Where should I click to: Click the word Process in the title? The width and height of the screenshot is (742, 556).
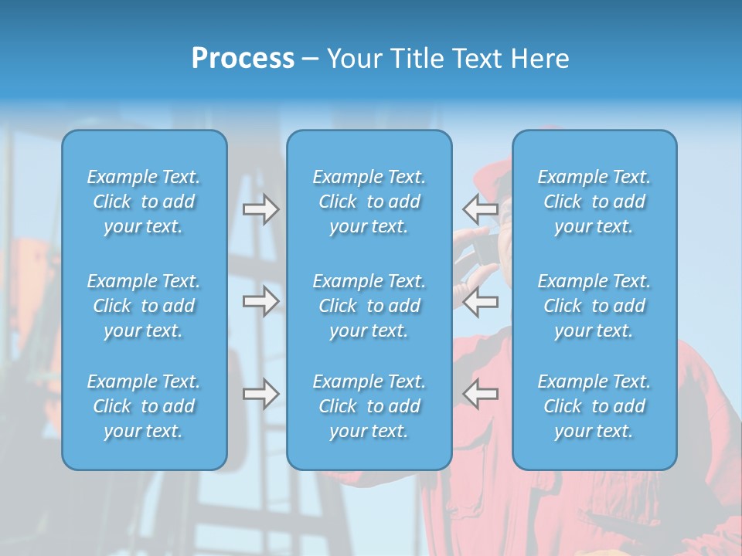click(x=243, y=59)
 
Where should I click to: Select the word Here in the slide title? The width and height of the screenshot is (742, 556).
click(x=539, y=59)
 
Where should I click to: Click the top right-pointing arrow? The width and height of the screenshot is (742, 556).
click(x=261, y=209)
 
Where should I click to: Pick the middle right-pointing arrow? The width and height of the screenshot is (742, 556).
click(x=261, y=301)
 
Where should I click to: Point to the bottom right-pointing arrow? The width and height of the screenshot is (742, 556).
click(x=261, y=394)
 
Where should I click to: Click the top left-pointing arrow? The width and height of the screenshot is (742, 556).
click(x=480, y=209)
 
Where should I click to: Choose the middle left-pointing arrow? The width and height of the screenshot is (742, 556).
click(x=480, y=301)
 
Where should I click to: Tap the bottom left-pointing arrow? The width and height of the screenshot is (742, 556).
click(x=480, y=394)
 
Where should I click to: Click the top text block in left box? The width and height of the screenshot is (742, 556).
click(x=144, y=202)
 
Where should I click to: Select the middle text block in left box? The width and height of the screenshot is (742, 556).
click(x=144, y=306)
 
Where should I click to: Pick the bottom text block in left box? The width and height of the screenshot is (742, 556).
click(x=144, y=406)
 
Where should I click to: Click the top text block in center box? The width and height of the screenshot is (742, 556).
click(x=369, y=202)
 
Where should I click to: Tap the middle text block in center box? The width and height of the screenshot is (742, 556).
click(x=369, y=306)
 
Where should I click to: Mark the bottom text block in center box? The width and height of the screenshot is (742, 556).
click(x=369, y=406)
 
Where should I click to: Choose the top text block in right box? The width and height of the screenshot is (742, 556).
click(x=594, y=202)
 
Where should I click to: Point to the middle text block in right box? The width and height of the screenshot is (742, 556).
click(x=594, y=306)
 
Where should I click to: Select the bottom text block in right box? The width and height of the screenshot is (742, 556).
click(x=594, y=406)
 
